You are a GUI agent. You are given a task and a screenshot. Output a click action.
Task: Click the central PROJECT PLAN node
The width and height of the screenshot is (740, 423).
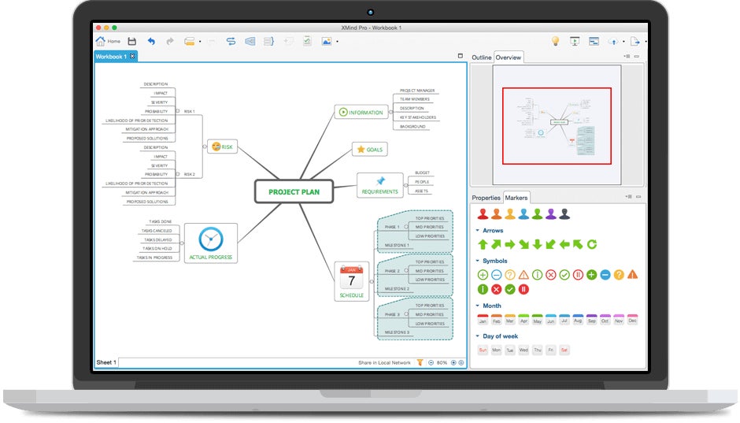[x=293, y=191]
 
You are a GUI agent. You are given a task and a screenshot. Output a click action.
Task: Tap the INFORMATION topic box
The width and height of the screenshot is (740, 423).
[x=361, y=112]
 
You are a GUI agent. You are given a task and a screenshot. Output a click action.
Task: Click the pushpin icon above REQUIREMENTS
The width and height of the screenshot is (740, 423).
[x=380, y=181]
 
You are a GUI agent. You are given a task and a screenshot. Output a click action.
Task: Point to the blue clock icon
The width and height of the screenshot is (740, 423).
[x=210, y=239]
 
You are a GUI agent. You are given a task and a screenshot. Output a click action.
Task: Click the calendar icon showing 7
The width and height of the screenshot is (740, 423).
[x=351, y=278]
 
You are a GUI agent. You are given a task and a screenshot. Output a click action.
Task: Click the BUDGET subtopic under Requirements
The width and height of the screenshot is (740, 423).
[x=422, y=173]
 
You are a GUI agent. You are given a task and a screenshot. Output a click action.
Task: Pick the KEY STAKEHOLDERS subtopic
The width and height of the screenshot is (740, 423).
[x=417, y=117]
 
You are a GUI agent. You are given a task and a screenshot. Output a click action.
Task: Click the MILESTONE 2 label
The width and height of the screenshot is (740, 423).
[x=397, y=288]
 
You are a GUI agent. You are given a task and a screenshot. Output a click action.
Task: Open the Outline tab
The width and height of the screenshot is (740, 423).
[x=481, y=58]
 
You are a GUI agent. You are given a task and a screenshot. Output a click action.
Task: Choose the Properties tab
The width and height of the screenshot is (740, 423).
[x=486, y=198]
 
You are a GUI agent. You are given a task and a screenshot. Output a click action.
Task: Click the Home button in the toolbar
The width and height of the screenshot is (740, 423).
[x=108, y=41]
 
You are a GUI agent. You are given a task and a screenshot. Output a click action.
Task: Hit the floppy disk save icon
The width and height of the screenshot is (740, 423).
[x=131, y=41]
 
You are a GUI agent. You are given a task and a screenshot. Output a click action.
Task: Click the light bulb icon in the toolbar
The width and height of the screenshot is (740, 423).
[x=554, y=41]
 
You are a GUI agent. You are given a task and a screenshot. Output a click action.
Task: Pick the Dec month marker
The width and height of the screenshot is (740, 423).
[x=632, y=320]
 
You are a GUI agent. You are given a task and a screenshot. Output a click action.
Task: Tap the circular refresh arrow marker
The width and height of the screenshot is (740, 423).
[x=591, y=244]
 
